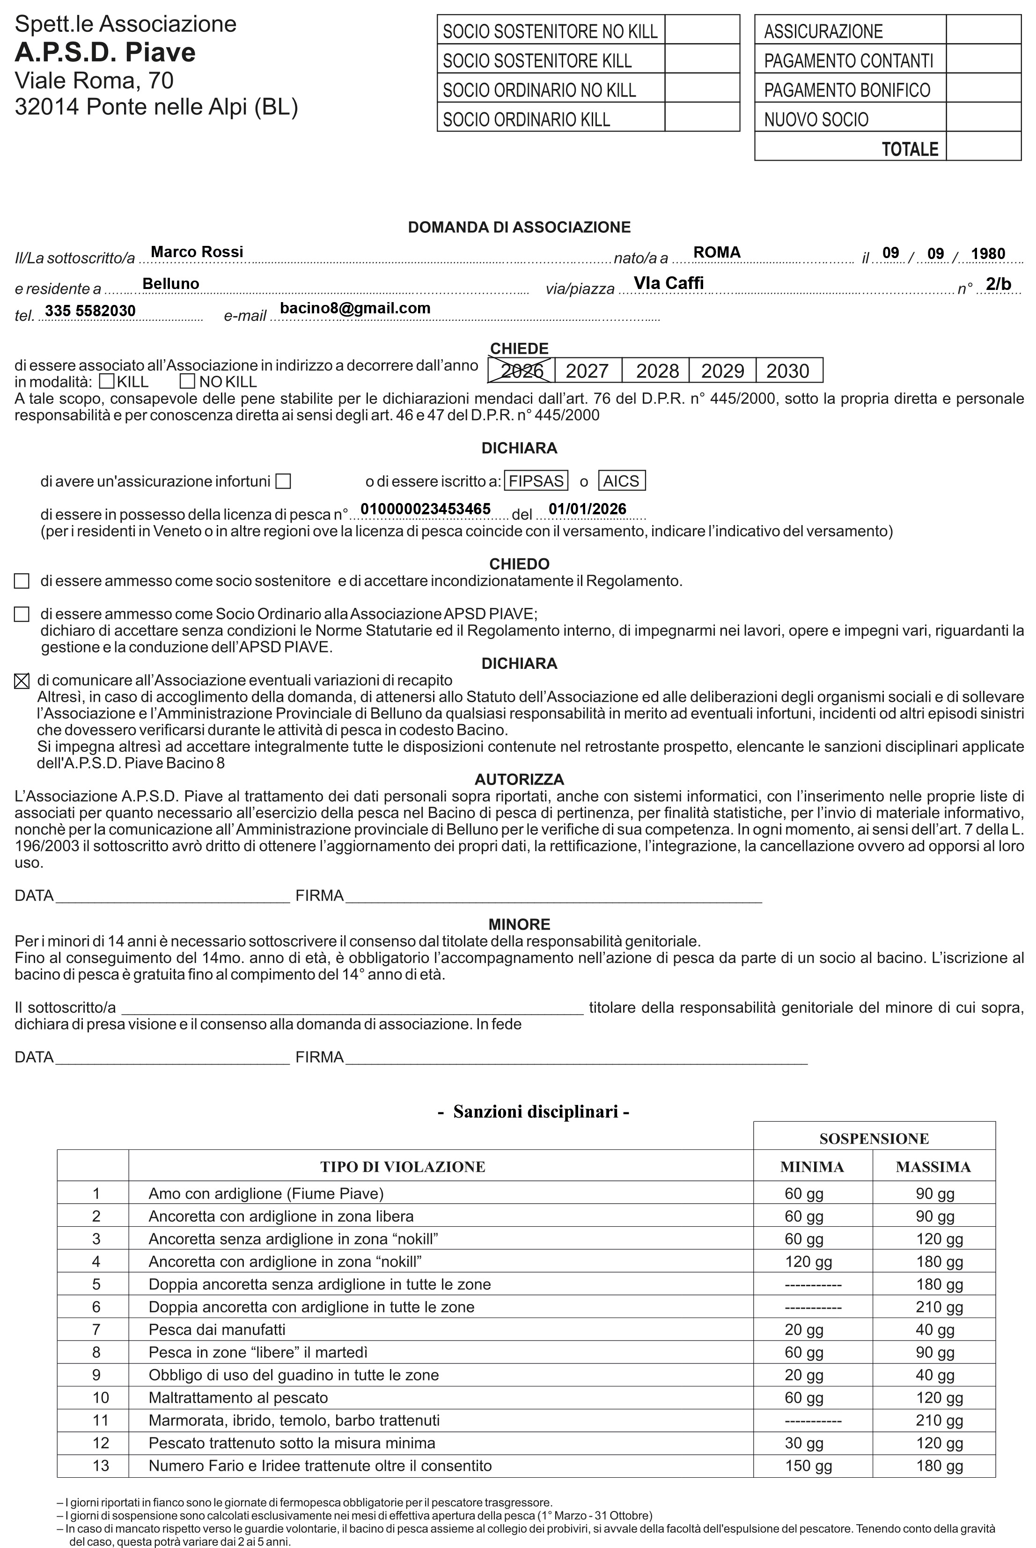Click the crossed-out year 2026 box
(522, 370)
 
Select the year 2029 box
(722, 370)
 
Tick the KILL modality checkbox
(107, 381)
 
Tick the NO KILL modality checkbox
(188, 381)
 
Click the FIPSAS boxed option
(536, 481)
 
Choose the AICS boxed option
(621, 481)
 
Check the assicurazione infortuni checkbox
(283, 481)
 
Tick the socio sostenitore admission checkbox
(22, 581)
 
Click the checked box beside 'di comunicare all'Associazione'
(22, 681)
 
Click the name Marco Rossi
(197, 252)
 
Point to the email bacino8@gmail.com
(355, 308)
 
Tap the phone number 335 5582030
(90, 311)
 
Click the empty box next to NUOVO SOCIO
(983, 119)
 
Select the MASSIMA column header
(933, 1167)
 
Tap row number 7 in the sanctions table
(96, 1329)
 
